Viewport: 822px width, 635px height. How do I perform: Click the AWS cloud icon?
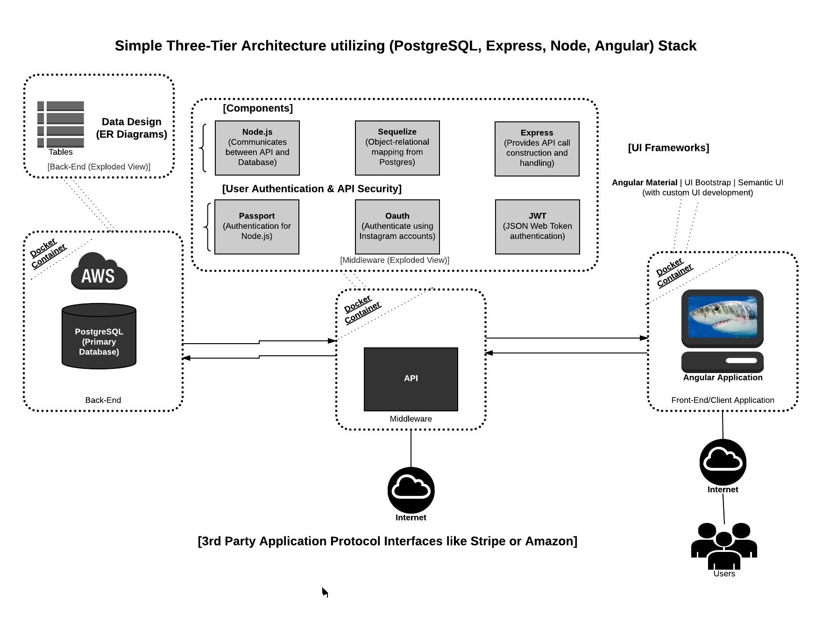coord(99,272)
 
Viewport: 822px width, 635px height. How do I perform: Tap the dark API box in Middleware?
coord(411,379)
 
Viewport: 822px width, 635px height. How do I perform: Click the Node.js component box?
coord(257,148)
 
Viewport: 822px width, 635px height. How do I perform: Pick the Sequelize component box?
coord(397,148)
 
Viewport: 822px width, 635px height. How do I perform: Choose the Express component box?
coord(537,148)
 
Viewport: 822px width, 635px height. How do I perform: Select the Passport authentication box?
coord(256,226)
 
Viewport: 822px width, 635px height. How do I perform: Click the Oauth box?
coord(397,226)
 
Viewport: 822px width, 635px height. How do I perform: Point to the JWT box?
coord(537,226)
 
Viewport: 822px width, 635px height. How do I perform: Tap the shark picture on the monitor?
coord(723,316)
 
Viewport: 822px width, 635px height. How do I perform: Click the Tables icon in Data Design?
coord(61,124)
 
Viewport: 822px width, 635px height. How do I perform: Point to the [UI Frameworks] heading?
coord(668,148)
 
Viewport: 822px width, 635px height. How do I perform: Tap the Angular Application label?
coord(723,378)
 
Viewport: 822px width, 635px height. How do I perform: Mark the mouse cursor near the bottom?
coord(325,592)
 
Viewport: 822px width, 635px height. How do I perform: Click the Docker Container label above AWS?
coord(48,253)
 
